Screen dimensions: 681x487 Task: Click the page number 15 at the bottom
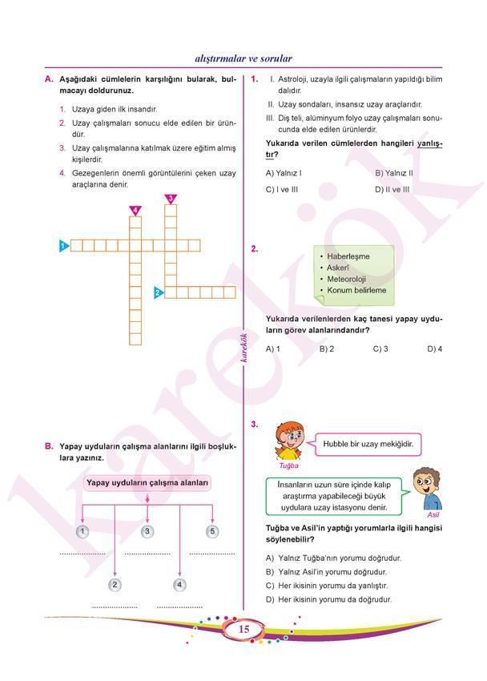[x=244, y=631]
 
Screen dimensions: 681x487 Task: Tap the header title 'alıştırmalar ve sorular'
[x=243, y=58]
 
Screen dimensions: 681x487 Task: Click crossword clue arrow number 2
[x=159, y=292]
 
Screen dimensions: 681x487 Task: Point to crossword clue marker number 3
[x=171, y=199]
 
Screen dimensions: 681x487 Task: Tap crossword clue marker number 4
[x=135, y=210]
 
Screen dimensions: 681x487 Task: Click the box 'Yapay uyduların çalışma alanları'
[x=148, y=483]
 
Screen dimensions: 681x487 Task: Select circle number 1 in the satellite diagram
[x=83, y=531]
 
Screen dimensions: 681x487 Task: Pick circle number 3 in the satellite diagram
[x=147, y=531]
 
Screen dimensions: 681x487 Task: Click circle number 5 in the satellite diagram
[x=212, y=531]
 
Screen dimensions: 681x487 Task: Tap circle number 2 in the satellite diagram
[x=115, y=584]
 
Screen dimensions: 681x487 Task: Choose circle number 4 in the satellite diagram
[x=179, y=584]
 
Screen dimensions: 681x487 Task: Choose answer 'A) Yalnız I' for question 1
[x=284, y=172]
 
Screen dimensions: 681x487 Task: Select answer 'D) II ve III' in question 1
[x=392, y=189]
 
